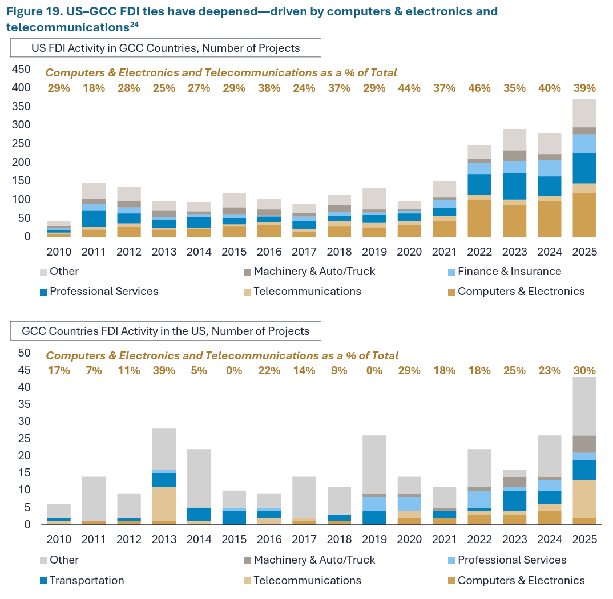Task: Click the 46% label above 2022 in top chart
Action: (x=479, y=88)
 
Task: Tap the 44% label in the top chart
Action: (x=409, y=88)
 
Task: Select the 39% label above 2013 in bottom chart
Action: (x=164, y=370)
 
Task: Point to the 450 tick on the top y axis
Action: (x=21, y=69)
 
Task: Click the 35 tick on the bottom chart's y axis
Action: (x=24, y=404)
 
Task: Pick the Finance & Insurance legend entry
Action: (x=505, y=271)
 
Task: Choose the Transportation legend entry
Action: (x=82, y=580)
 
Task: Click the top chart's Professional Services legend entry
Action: (x=99, y=291)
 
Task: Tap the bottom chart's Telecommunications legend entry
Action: (x=303, y=580)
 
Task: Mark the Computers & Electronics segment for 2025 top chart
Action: (x=584, y=214)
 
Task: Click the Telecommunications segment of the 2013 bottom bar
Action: (x=164, y=504)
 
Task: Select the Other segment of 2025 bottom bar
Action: (x=584, y=406)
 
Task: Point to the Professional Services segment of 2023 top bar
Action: (x=514, y=186)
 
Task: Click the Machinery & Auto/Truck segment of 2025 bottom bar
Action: (x=584, y=444)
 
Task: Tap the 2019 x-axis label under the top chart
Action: (x=374, y=252)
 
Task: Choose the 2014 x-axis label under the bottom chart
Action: (x=199, y=539)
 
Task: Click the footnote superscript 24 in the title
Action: (x=134, y=25)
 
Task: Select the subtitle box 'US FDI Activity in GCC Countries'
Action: (x=166, y=48)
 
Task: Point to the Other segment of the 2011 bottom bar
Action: (x=94, y=499)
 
